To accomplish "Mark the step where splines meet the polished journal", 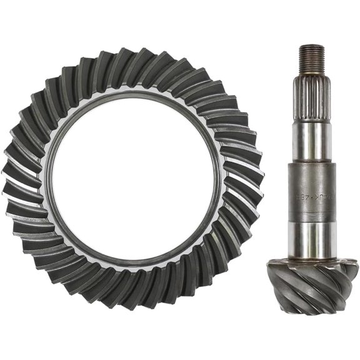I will pos(311,123).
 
